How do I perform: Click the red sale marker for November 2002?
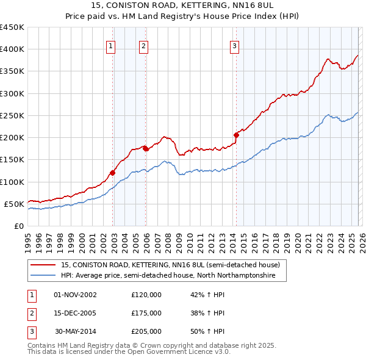pyautogui.click(x=113, y=173)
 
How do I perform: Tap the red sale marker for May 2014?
pyautogui.click(x=237, y=135)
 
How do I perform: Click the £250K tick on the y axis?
pyautogui.click(x=12, y=115)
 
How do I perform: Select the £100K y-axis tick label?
pyautogui.click(x=12, y=182)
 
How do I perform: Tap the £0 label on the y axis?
pyautogui.click(x=18, y=226)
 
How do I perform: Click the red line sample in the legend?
pyautogui.click(x=43, y=265)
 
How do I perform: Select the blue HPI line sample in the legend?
pyautogui.click(x=43, y=276)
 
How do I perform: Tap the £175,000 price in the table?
pyautogui.click(x=146, y=313)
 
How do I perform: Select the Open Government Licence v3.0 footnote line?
pyautogui.click(x=120, y=353)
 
